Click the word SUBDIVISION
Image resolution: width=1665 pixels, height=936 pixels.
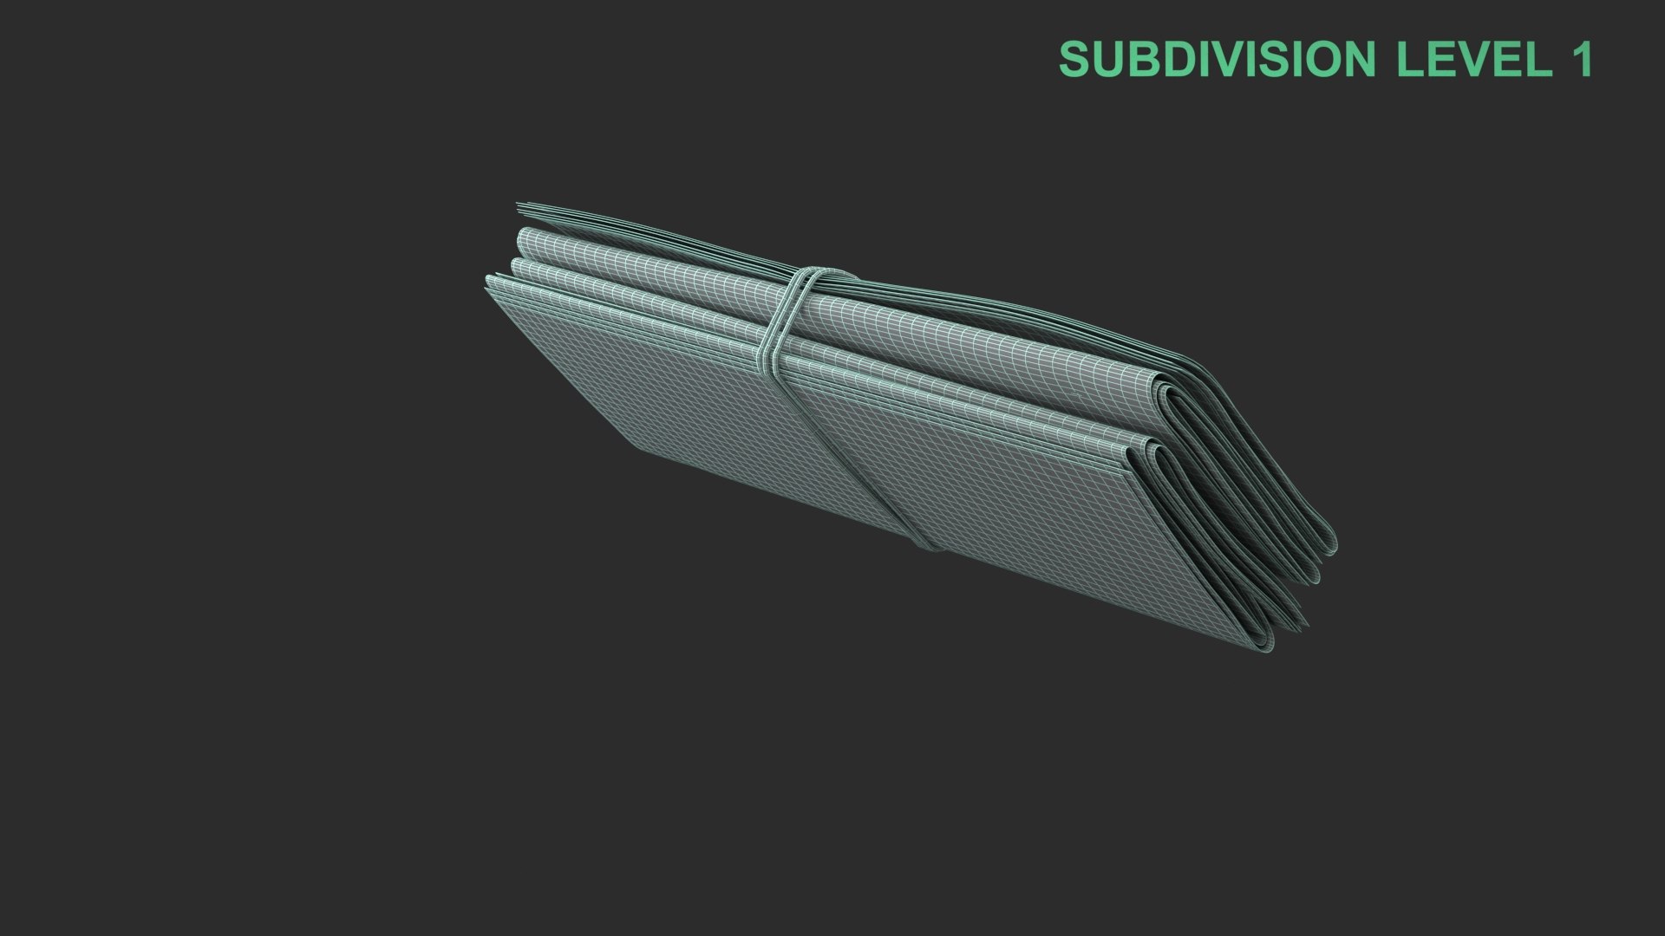(x=1217, y=59)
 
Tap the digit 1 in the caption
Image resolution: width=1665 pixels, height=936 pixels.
(x=1583, y=59)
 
